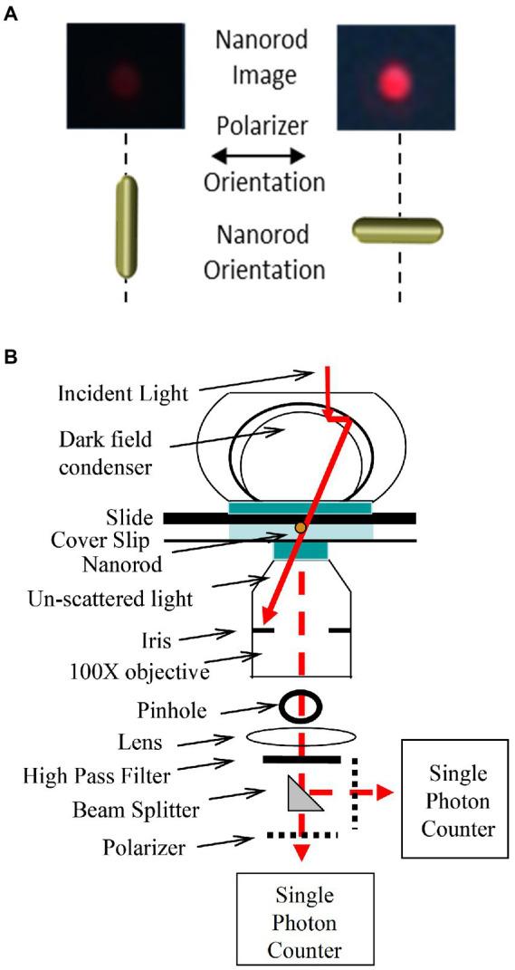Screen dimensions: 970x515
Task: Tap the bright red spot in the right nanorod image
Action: pyautogui.click(x=394, y=76)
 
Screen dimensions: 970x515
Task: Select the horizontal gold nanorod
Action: pyautogui.click(x=398, y=230)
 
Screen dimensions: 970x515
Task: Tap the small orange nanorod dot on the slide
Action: pyautogui.click(x=300, y=527)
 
